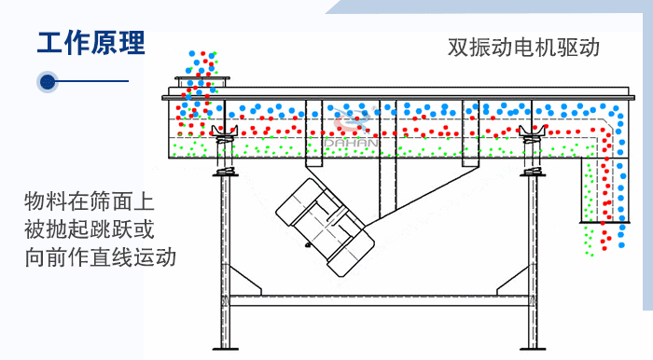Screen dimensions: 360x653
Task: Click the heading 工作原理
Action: pyautogui.click(x=90, y=43)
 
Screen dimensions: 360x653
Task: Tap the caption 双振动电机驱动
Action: pyautogui.click(x=522, y=47)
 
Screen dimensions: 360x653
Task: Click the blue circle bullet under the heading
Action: pyautogui.click(x=49, y=82)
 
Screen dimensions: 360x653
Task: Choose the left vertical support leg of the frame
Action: pyautogui.click(x=225, y=261)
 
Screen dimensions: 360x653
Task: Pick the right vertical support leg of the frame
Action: pyautogui.click(x=534, y=261)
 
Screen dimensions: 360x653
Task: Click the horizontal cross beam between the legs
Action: pyautogui.click(x=379, y=300)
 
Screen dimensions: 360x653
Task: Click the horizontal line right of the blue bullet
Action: pyautogui.click(x=93, y=82)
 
